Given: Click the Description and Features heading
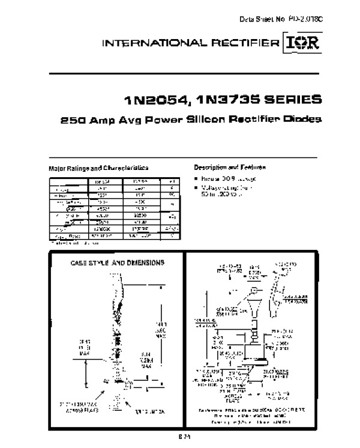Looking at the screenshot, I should (x=230, y=166).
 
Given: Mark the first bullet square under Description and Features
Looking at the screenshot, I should (x=196, y=180).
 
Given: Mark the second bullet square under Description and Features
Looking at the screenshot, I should (x=196, y=188).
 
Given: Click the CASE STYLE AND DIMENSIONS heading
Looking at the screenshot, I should (x=118, y=262).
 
